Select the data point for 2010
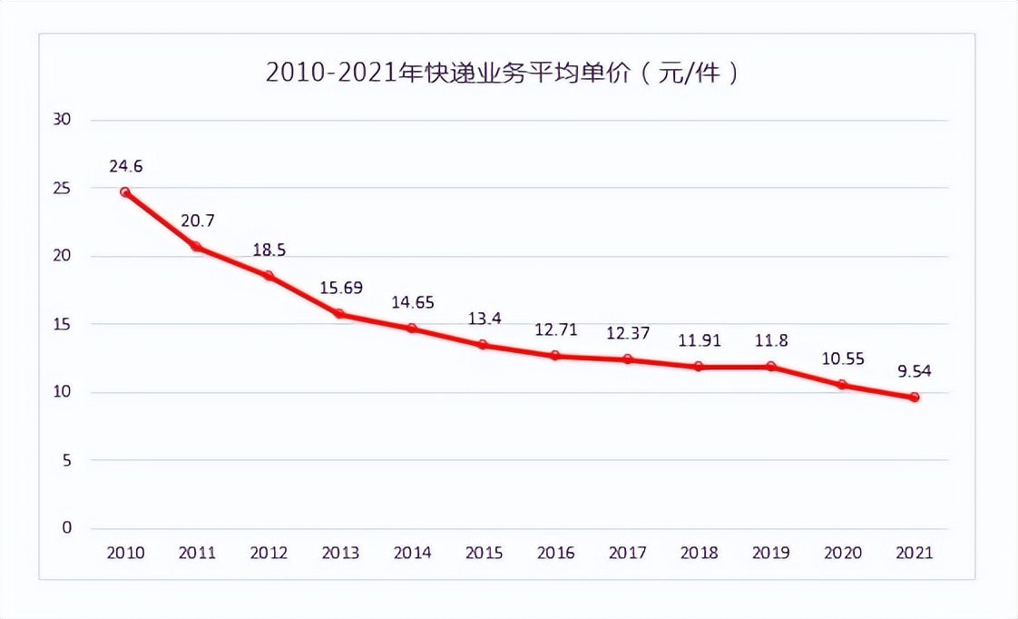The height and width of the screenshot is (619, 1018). tap(125, 192)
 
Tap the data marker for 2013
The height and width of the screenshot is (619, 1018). tap(340, 314)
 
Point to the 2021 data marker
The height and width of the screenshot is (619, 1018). tap(915, 398)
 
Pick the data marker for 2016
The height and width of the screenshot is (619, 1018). tap(555, 356)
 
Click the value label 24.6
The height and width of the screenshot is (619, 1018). tap(126, 166)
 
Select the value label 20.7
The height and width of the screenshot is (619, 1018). tap(197, 220)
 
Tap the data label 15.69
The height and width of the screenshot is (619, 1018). tap(340, 288)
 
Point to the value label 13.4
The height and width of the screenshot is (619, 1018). tap(484, 318)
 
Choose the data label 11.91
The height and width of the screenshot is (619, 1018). tap(700, 341)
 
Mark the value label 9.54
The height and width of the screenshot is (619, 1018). tap(915, 370)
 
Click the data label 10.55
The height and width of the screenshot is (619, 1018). tap(843, 358)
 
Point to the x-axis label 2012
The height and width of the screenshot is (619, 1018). tap(269, 553)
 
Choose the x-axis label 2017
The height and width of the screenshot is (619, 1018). tap(628, 553)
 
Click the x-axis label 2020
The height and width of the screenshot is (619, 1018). tap(843, 553)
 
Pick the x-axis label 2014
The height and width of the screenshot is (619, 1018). tap(412, 553)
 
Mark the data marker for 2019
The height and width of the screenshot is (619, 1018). tap(771, 367)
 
